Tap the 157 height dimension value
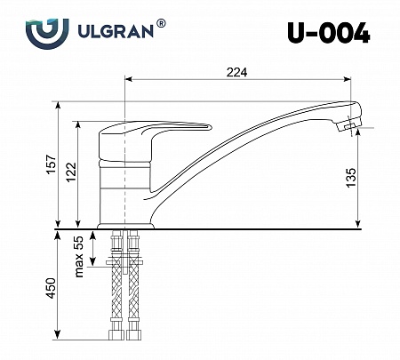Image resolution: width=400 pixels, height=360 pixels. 52,164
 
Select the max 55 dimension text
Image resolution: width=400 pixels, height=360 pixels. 79,257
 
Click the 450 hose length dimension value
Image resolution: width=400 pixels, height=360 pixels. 52,289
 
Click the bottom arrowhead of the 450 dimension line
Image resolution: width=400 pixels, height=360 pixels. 60,340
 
